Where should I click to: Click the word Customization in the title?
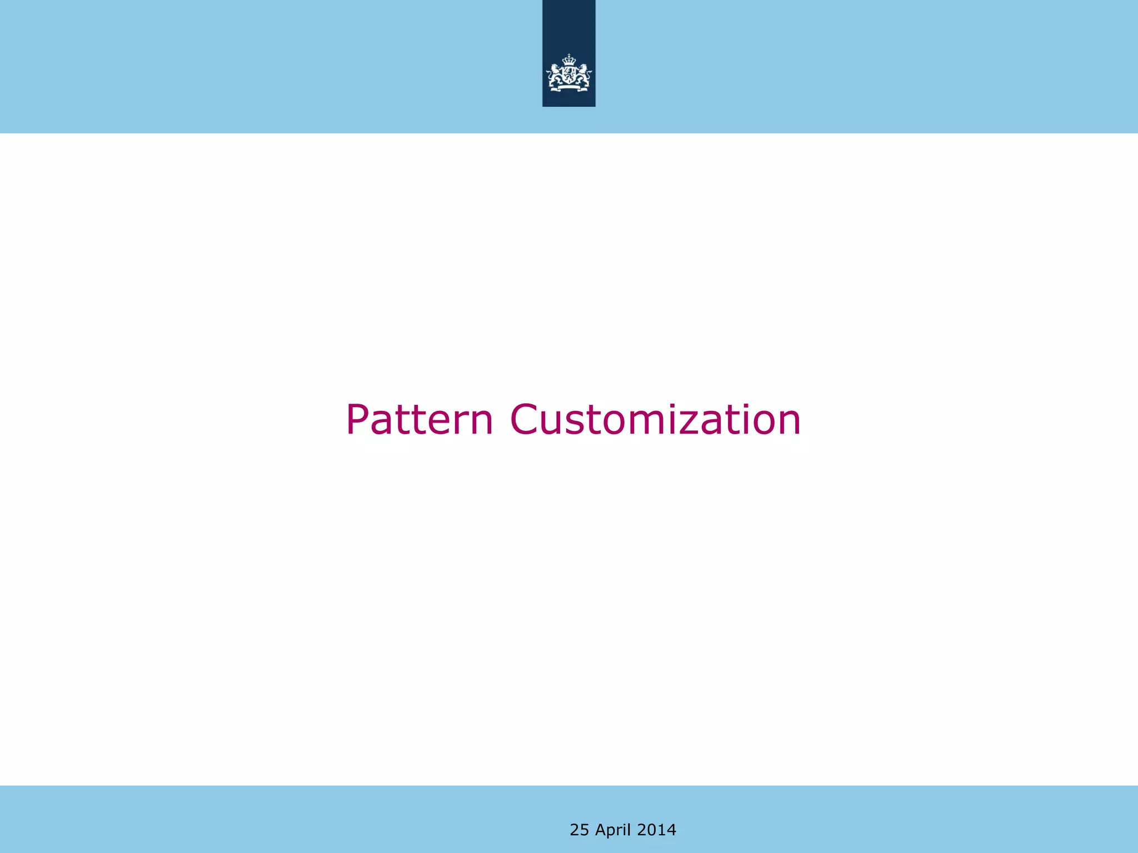(656, 420)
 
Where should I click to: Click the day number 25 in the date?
(579, 830)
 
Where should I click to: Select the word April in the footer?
(613, 830)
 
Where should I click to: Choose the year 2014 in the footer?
(656, 830)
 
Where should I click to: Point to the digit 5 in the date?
(584, 830)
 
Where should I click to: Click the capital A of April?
(601, 830)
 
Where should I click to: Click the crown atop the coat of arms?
(569, 60)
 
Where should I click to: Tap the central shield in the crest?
(569, 76)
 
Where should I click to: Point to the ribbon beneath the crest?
(569, 87)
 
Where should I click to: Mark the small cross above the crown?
(569, 55)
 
